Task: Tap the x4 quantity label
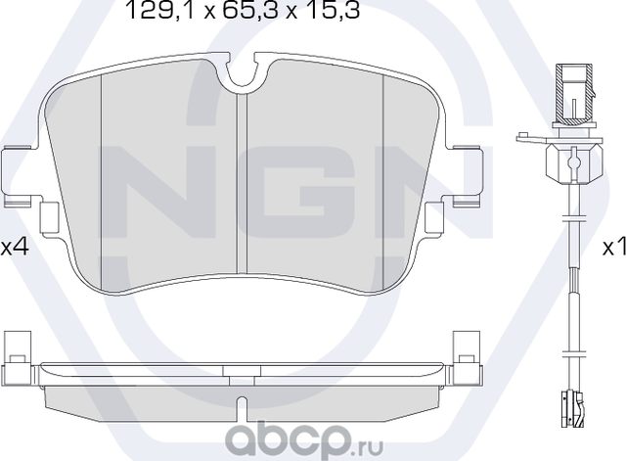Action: [x=14, y=248]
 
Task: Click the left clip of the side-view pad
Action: [x=17, y=357]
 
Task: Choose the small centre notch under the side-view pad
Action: [x=241, y=401]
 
